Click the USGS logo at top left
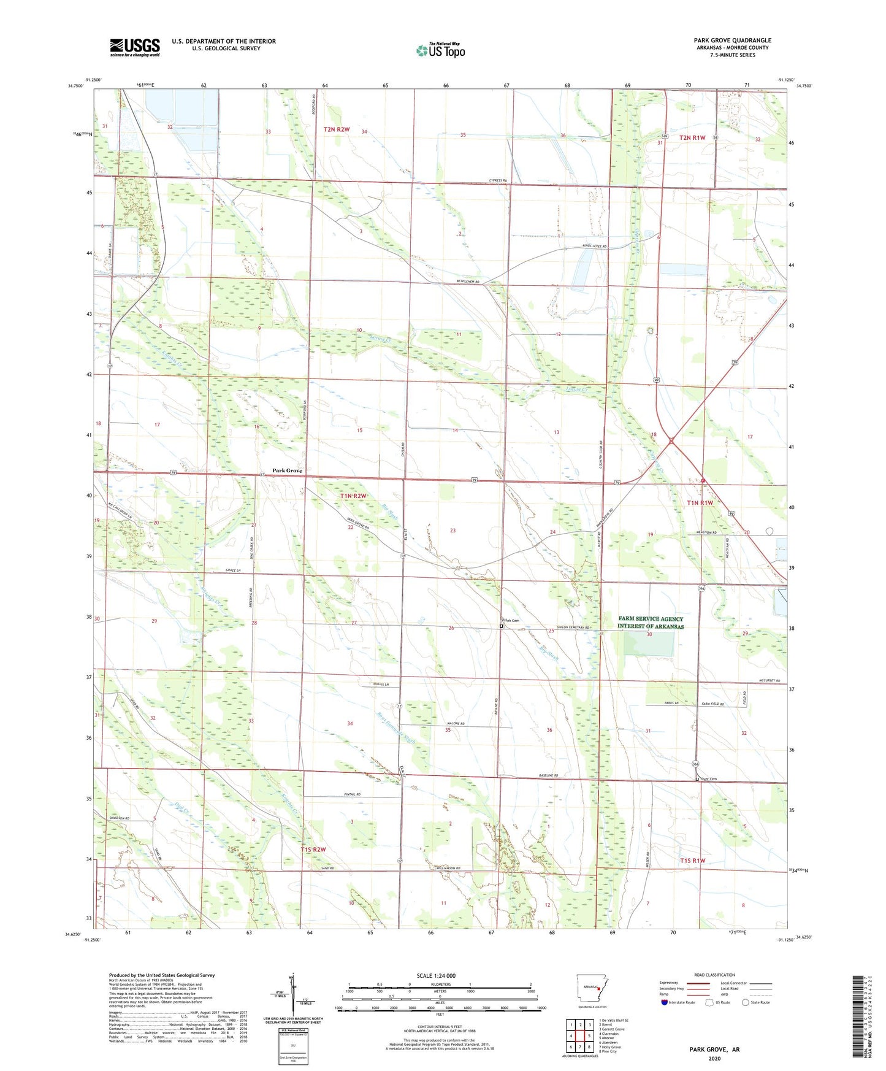[x=134, y=47]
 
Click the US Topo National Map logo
[x=440, y=50]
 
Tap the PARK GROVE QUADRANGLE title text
[x=732, y=40]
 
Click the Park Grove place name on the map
[x=287, y=470]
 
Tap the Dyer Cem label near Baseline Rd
[x=708, y=779]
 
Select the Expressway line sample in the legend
[x=697, y=983]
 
